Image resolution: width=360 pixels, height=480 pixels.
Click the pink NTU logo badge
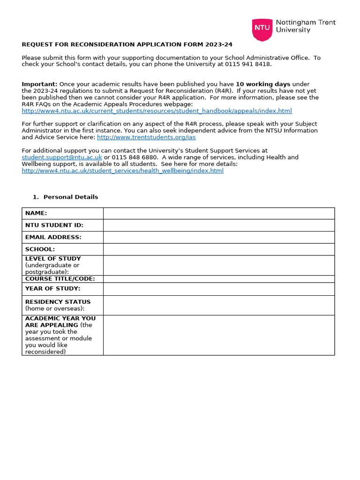(262, 27)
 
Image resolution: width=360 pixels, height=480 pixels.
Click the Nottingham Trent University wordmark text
(306, 26)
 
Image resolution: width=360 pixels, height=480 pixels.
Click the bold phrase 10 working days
(263, 84)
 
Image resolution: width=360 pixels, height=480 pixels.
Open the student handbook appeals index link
(157, 111)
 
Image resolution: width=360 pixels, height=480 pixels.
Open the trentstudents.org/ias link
(146, 137)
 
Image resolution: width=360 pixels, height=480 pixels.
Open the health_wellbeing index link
(123, 171)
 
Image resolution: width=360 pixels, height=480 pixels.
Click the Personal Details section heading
(71, 197)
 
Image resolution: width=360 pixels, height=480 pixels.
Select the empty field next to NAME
(219, 213)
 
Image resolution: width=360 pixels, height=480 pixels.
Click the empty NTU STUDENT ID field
(219, 225)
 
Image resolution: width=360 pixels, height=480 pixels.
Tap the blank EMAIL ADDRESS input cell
(219, 237)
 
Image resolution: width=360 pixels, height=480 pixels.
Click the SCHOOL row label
(40, 249)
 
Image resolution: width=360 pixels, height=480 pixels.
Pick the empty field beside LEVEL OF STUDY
(219, 265)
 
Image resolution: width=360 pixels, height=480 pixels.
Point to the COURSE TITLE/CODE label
(60, 279)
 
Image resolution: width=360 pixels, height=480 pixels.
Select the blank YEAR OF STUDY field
(219, 289)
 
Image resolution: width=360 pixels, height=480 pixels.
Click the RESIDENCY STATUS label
(58, 302)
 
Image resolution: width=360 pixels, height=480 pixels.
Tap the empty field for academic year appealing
(219, 335)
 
